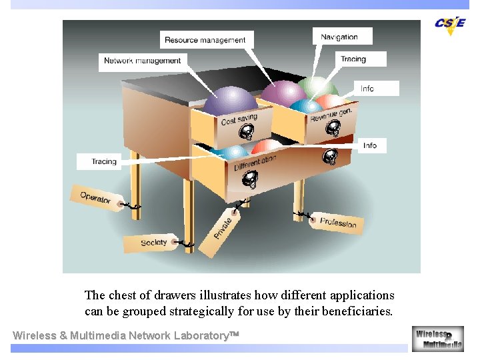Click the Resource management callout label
click(x=205, y=40)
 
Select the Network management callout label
click(x=143, y=61)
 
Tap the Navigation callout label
click(x=339, y=37)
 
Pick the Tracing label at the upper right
click(x=353, y=59)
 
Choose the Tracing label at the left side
click(x=104, y=161)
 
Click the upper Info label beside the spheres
click(x=367, y=89)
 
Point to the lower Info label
click(x=370, y=145)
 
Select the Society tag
click(x=155, y=243)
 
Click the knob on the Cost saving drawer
click(x=247, y=131)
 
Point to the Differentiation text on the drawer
click(x=255, y=163)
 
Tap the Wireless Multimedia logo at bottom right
click(x=437, y=339)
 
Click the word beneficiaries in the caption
click(x=360, y=311)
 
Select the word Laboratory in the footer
click(x=198, y=335)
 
